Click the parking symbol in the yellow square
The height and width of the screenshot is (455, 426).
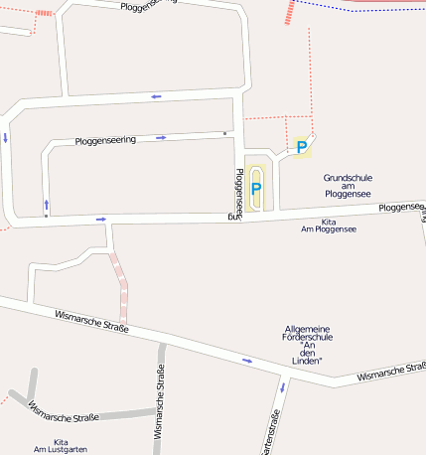coord(302,148)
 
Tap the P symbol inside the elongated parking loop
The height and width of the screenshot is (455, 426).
coord(256,188)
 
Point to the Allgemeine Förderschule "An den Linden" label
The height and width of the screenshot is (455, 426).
coord(307,345)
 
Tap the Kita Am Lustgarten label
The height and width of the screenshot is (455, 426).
coord(62,446)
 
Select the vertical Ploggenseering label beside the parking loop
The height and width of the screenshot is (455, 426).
coord(238,193)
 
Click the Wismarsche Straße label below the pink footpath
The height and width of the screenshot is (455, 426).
coord(92,321)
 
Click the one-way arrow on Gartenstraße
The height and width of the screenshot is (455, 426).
coord(282,386)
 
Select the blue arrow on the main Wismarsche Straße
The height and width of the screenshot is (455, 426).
coord(247,361)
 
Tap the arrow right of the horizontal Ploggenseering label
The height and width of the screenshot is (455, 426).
coord(161,137)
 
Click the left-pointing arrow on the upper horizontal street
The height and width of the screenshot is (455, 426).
coord(156,96)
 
